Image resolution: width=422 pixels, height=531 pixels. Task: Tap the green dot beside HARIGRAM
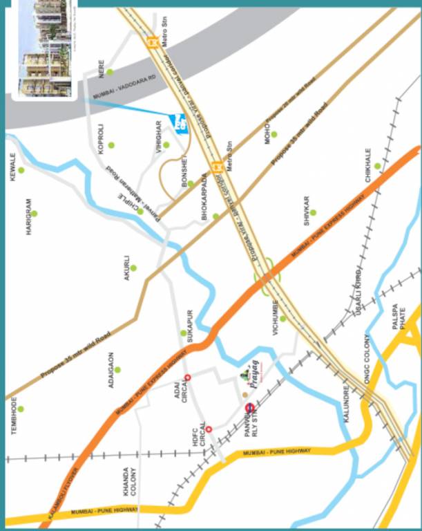click(34, 213)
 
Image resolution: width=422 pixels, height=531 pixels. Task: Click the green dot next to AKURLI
click(133, 268)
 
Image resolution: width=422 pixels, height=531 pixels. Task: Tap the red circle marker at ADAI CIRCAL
click(187, 377)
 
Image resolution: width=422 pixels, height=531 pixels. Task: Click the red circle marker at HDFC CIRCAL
click(209, 429)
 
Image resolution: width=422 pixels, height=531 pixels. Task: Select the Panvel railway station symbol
click(249, 407)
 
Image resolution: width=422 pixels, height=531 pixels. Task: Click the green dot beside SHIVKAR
click(312, 212)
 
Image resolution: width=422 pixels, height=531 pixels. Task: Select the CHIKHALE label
click(368, 165)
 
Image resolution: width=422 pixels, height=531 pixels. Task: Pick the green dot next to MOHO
click(274, 134)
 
